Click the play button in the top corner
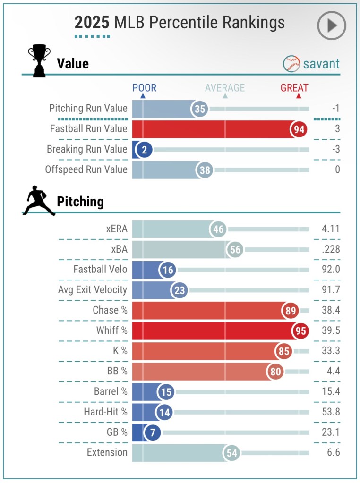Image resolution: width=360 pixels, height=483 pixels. coord(332,25)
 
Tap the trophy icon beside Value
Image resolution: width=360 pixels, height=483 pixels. coord(39,61)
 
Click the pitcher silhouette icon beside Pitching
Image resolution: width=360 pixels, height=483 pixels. coord(38,201)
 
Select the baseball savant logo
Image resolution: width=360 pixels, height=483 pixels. coord(311,63)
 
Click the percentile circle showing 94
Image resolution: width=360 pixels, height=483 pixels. coord(299,129)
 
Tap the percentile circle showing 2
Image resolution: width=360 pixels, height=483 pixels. coord(143,149)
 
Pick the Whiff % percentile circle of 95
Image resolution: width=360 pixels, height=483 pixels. coord(300,331)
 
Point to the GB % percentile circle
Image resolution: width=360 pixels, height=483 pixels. coord(152,432)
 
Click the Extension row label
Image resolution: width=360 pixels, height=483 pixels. coord(107,452)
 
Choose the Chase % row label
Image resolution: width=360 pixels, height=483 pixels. coord(110,310)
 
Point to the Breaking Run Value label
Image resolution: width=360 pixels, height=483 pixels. coord(87,149)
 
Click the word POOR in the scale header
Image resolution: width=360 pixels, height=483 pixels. coord(144,88)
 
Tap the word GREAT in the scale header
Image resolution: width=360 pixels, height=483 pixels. coord(294,88)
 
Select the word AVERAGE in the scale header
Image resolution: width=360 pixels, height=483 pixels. coord(225,88)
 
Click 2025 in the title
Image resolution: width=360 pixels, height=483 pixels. coord(92,23)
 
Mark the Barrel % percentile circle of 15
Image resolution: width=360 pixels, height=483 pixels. coord(166,391)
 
